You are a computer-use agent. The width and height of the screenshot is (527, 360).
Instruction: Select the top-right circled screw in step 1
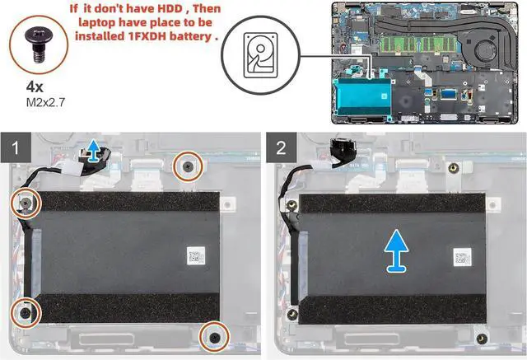[x=189, y=166]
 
